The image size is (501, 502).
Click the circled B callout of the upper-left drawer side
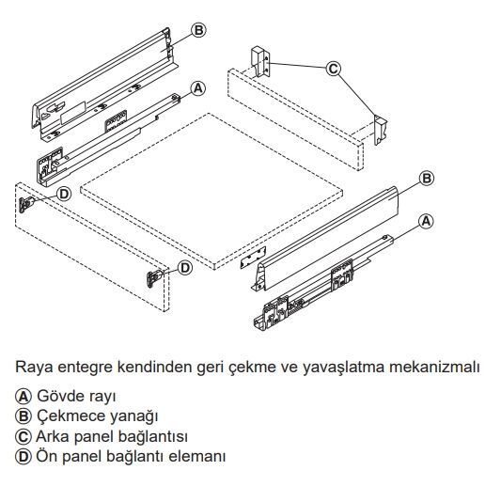click(198, 30)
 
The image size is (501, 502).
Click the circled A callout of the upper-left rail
click(197, 88)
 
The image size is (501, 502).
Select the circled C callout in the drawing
click(334, 69)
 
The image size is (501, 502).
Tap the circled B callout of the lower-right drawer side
click(427, 178)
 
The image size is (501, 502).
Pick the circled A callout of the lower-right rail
click(426, 222)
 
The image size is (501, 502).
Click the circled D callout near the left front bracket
click(64, 194)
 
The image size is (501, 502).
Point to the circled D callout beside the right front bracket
click(185, 268)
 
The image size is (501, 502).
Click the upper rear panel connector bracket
click(260, 62)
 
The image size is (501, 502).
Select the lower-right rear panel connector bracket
click(381, 130)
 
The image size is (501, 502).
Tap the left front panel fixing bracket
click(26, 204)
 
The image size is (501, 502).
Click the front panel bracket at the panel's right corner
click(154, 278)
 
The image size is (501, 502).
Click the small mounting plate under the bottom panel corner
click(253, 257)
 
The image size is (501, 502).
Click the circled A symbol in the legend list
click(23, 397)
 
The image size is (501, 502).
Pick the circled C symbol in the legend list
click(23, 437)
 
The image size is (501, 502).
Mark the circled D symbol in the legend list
click(23, 457)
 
